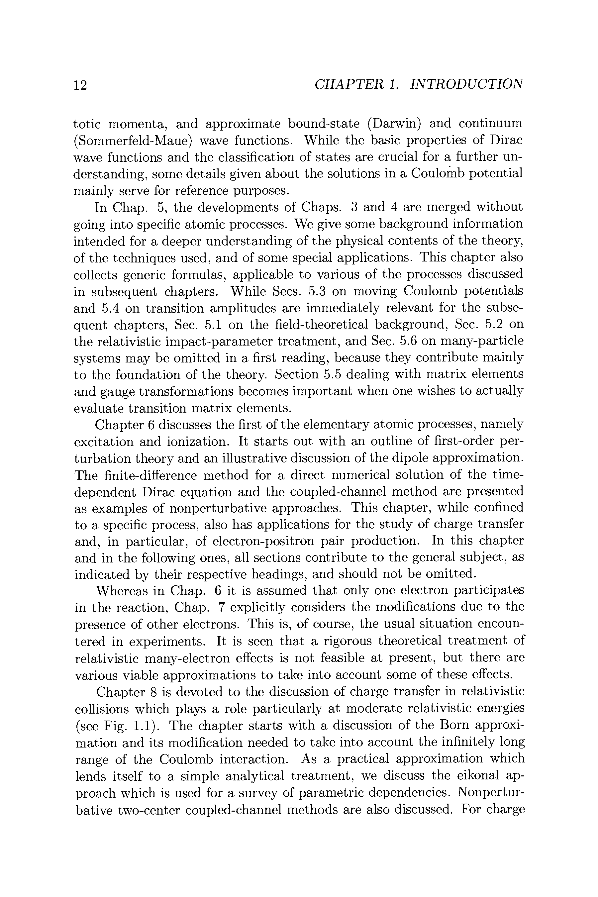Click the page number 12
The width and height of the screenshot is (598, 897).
[x=80, y=85]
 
